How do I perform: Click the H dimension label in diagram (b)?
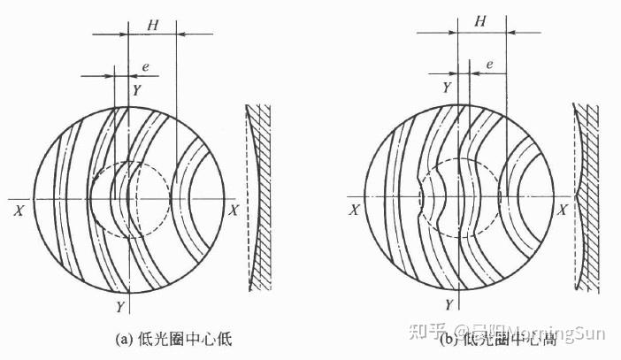pos(480,20)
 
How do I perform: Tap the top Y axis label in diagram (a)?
pos(136,88)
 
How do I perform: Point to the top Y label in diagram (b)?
pos(447,88)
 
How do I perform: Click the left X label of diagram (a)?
pos(18,211)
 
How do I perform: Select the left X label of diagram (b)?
pos(354,211)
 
